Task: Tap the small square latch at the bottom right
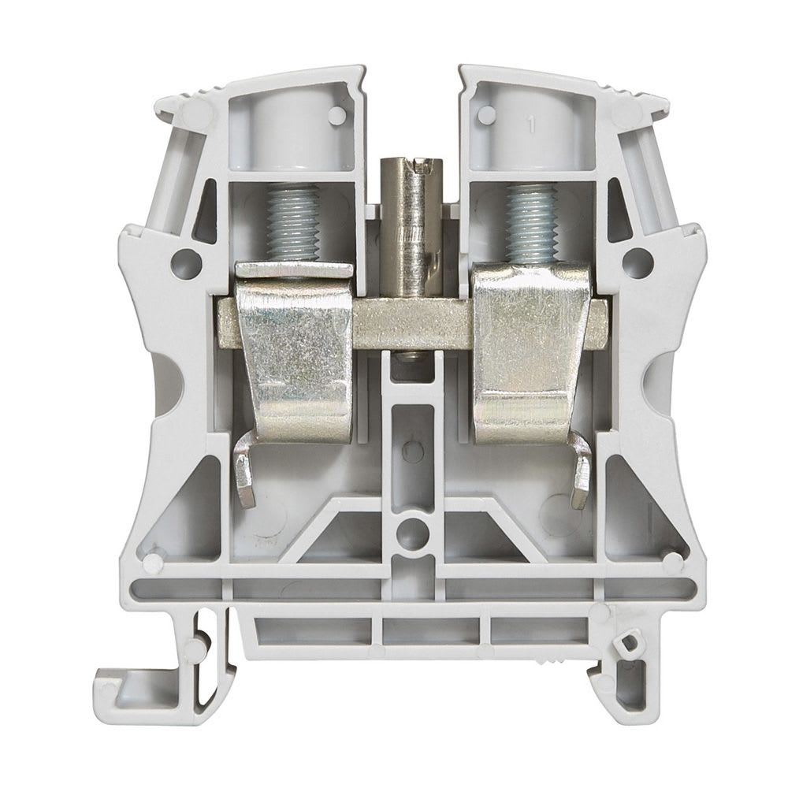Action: point(628,645)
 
